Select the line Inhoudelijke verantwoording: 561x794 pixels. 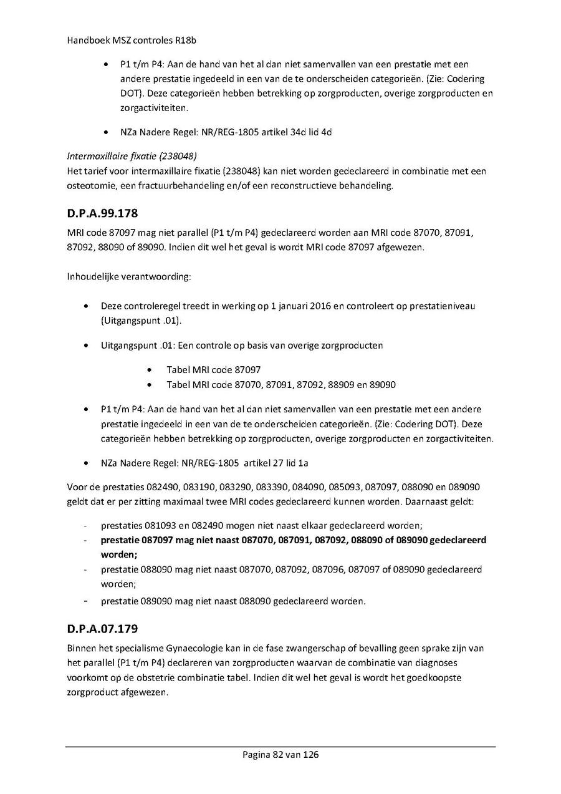click(x=122, y=276)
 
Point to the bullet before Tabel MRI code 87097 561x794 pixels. click(x=148, y=370)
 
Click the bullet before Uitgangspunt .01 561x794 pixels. click(x=85, y=345)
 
